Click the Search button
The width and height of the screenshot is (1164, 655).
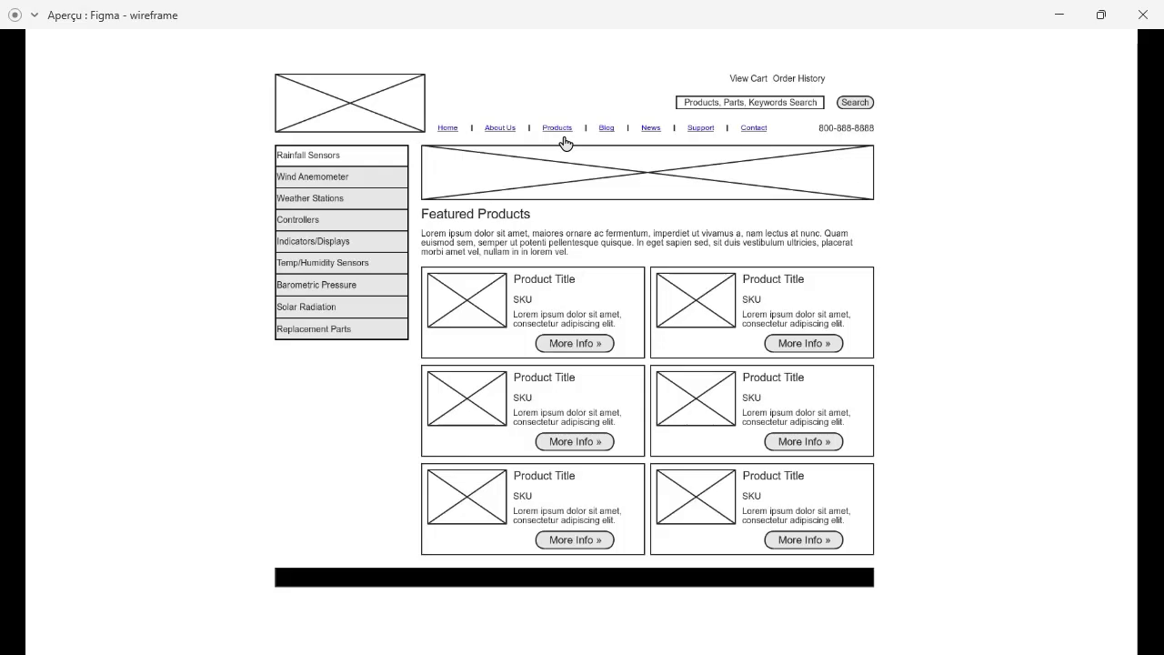[855, 103]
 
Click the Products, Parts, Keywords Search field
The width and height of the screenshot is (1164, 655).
[749, 103]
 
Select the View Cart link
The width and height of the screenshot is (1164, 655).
[748, 79]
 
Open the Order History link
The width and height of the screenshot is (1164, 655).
[798, 79]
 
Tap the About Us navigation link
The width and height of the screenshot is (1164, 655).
[499, 128]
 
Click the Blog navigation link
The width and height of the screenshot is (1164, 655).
[607, 128]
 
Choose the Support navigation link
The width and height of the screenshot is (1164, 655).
[700, 128]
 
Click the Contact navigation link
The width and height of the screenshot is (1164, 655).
[753, 128]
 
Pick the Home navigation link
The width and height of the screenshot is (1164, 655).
[447, 128]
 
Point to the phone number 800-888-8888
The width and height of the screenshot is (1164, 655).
[846, 128]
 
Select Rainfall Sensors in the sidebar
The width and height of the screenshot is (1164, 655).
[341, 156]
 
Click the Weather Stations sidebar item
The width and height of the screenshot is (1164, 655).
[341, 198]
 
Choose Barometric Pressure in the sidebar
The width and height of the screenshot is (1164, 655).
[341, 285]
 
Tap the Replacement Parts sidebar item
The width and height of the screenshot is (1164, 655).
[341, 329]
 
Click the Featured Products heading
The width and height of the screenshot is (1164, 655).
[475, 214]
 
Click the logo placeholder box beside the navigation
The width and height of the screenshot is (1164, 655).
[350, 104]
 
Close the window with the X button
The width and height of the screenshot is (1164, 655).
[1143, 15]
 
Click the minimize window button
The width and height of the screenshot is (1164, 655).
[1059, 15]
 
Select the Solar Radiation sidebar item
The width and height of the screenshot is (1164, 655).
[341, 307]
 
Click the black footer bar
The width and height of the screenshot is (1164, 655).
[574, 578]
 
